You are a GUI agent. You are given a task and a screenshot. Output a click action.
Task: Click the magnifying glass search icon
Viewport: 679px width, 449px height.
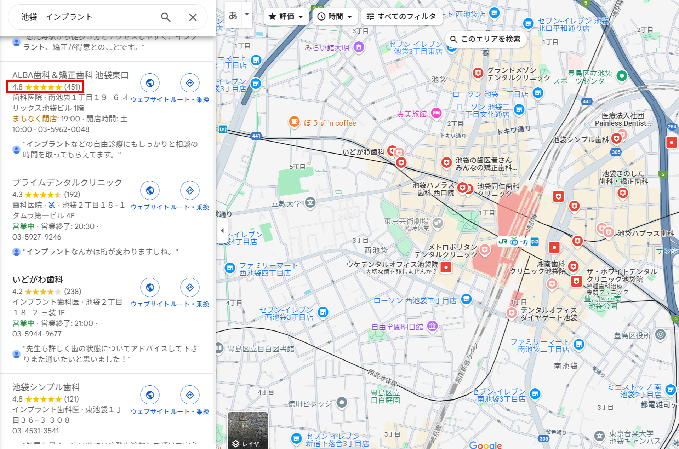tap(166, 17)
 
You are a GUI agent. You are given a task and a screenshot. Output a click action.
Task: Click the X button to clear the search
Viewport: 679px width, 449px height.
tap(193, 17)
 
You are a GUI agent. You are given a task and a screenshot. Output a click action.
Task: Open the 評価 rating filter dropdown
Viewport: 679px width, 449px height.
tap(286, 17)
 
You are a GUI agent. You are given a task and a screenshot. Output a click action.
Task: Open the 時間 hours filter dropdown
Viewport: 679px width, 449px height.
tap(335, 17)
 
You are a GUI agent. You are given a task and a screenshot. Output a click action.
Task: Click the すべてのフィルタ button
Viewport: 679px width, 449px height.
tap(401, 17)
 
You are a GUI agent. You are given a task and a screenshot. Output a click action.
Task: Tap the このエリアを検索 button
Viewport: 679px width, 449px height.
tap(486, 39)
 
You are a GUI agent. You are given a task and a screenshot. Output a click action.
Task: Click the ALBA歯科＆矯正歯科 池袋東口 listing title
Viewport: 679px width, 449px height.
tap(70, 75)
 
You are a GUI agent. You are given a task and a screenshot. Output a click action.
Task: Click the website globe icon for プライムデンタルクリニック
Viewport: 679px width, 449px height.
tap(150, 190)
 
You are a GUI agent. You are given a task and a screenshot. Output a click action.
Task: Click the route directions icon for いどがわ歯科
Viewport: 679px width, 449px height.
tap(190, 287)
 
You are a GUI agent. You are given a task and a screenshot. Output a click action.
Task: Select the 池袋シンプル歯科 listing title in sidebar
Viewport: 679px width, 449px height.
tap(46, 387)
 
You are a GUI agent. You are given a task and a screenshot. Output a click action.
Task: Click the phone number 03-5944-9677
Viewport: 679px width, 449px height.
tap(37, 334)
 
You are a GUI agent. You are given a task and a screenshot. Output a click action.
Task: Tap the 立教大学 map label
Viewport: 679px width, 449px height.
tap(286, 204)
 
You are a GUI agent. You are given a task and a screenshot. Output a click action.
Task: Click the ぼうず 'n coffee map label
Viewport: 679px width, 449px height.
tap(330, 123)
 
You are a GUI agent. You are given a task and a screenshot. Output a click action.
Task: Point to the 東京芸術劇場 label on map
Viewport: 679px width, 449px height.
tap(406, 221)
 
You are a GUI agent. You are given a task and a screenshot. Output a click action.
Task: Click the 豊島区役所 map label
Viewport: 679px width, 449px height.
tap(632, 335)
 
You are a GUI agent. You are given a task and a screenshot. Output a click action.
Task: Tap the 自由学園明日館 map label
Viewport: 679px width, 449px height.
tap(397, 327)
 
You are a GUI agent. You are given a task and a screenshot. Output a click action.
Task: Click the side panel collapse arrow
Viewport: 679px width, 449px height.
tap(222, 231)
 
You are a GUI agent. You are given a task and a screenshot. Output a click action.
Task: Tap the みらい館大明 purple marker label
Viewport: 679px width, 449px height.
tap(327, 47)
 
